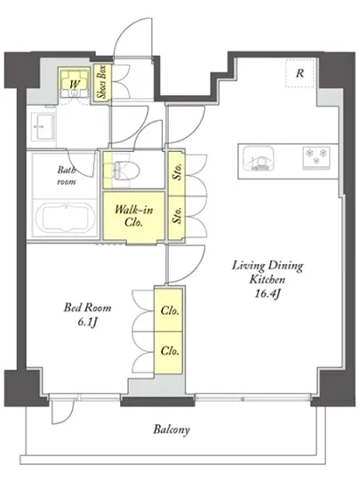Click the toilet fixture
click(x=125, y=171)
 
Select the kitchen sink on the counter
click(x=259, y=158)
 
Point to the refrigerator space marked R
click(x=300, y=73)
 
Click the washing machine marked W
click(x=74, y=83)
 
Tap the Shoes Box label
click(x=102, y=82)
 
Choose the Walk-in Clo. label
click(x=133, y=216)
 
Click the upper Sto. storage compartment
click(x=176, y=173)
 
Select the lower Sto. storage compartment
click(x=176, y=218)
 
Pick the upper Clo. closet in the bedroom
click(x=169, y=310)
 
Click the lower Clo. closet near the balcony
click(x=169, y=352)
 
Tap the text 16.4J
click(x=267, y=293)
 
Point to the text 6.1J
click(x=86, y=323)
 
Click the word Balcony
click(x=172, y=430)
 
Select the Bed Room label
click(x=88, y=308)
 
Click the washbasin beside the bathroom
click(x=44, y=127)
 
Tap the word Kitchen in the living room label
click(x=268, y=279)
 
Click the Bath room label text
click(x=67, y=175)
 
